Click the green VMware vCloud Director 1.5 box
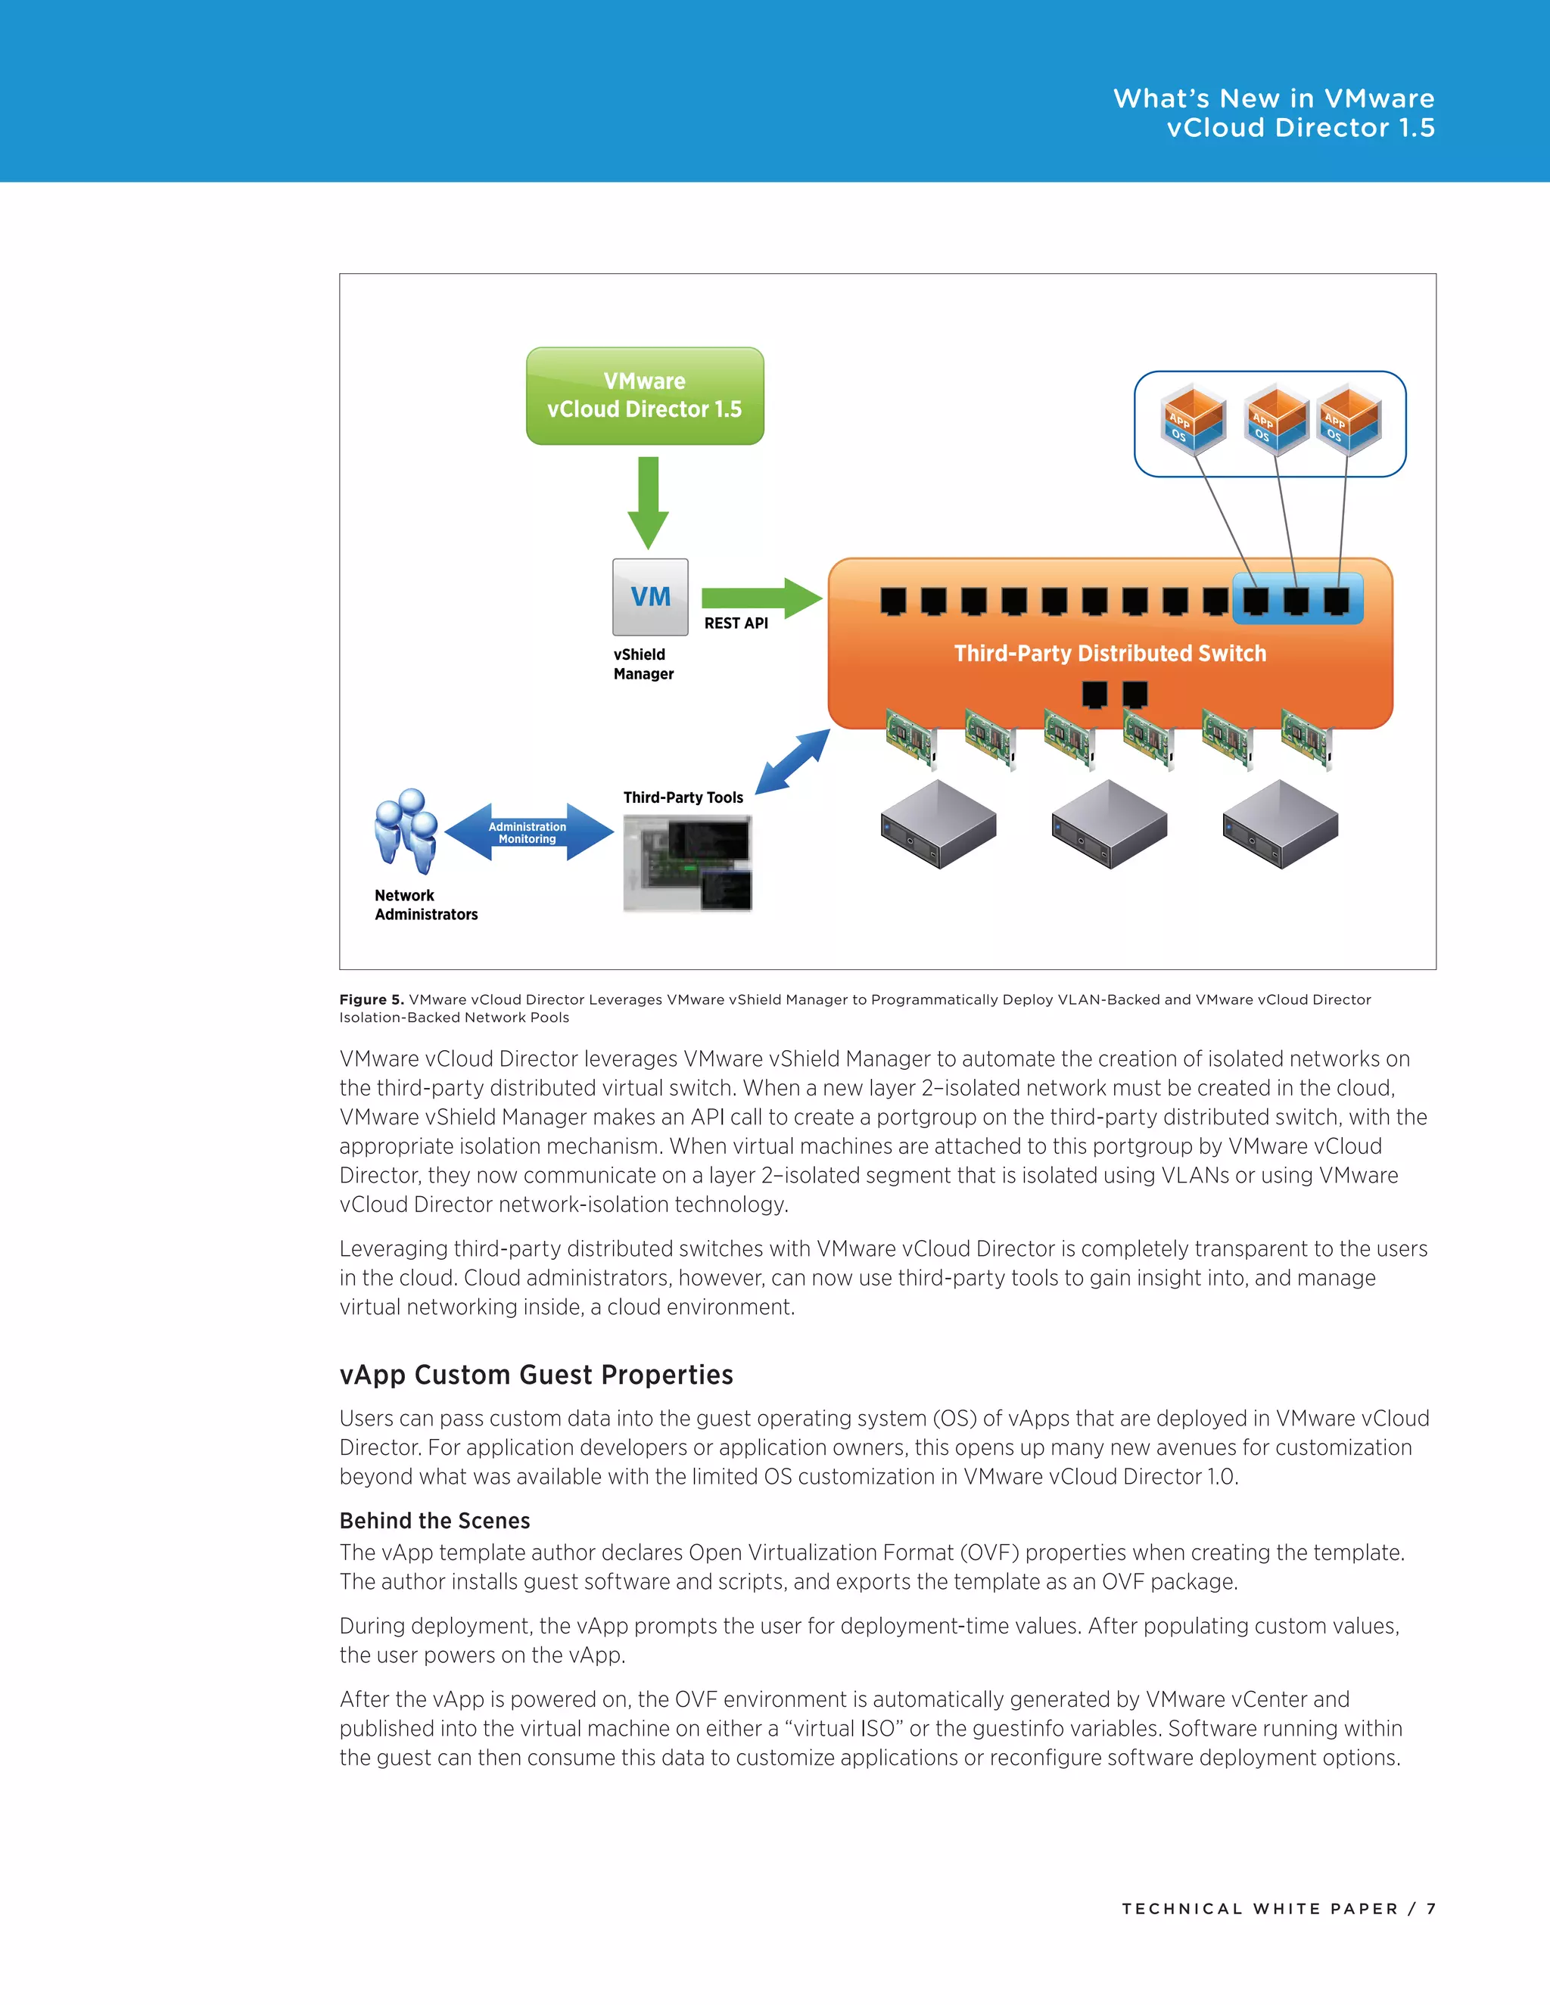tap(645, 396)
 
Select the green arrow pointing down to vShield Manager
tap(649, 501)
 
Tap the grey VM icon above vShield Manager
tap(650, 597)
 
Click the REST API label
tap(736, 623)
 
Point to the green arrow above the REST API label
tap(761, 598)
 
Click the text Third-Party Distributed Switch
tap(1110, 653)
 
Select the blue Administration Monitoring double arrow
tap(528, 832)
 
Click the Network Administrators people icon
tap(405, 830)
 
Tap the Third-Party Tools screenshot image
tap(687, 863)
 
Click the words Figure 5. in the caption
tap(371, 999)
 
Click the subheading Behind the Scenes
tap(434, 1520)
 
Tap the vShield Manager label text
tap(643, 664)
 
